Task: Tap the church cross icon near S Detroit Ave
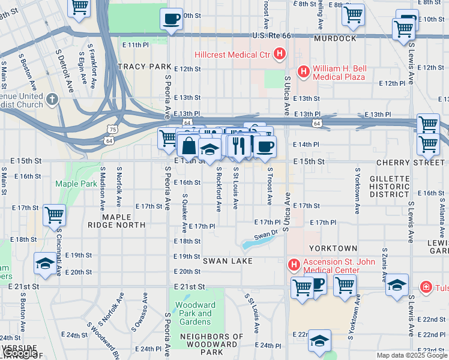[52, 98]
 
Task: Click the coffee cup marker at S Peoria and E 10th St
[172, 19]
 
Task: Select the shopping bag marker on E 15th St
[188, 145]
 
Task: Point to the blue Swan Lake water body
[255, 243]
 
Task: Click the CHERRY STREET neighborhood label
[411, 163]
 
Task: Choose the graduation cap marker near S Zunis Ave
[397, 286]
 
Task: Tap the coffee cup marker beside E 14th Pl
[265, 146]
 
